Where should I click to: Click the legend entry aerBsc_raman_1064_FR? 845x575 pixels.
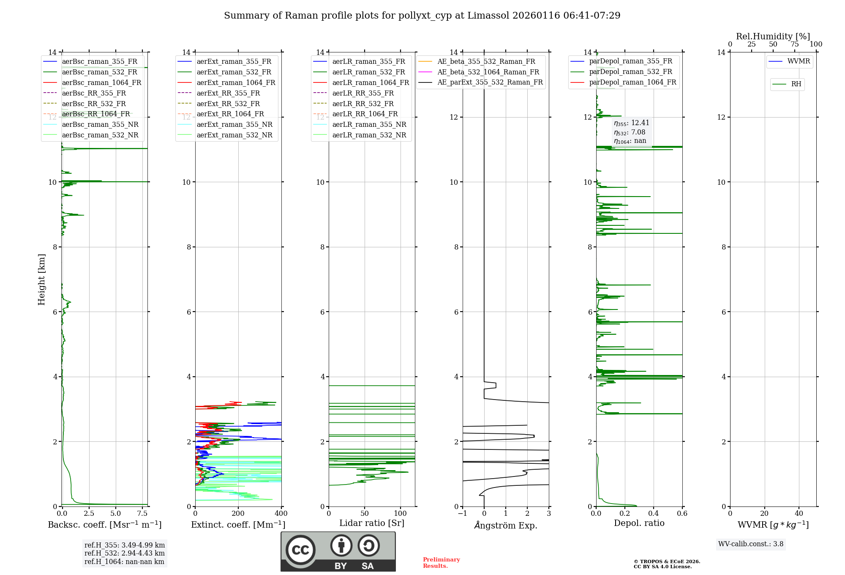click(101, 82)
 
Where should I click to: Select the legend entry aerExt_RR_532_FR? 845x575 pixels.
click(228, 104)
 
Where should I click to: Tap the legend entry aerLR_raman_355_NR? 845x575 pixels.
click(369, 124)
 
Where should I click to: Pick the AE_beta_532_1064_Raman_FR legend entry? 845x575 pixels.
click(488, 72)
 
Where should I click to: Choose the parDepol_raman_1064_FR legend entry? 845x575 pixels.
click(632, 82)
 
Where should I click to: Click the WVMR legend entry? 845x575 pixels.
click(799, 61)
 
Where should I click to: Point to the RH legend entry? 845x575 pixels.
click(796, 84)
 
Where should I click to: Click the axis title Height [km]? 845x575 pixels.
click(41, 279)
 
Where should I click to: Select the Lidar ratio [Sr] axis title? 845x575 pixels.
click(372, 523)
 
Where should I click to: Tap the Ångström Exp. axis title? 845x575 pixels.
click(506, 525)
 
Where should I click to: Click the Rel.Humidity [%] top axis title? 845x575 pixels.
click(773, 36)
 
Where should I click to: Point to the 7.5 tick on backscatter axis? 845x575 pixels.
click(142, 513)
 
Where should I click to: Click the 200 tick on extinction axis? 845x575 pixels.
click(238, 513)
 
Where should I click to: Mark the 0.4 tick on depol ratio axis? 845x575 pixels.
click(654, 513)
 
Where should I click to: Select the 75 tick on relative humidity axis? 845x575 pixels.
click(794, 44)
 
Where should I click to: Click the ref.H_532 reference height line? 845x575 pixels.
click(124, 553)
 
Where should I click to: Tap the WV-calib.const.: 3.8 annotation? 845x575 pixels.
click(751, 544)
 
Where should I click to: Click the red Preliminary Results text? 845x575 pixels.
click(441, 562)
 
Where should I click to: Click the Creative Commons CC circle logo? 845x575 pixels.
click(300, 550)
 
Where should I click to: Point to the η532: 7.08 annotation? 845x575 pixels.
click(630, 132)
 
